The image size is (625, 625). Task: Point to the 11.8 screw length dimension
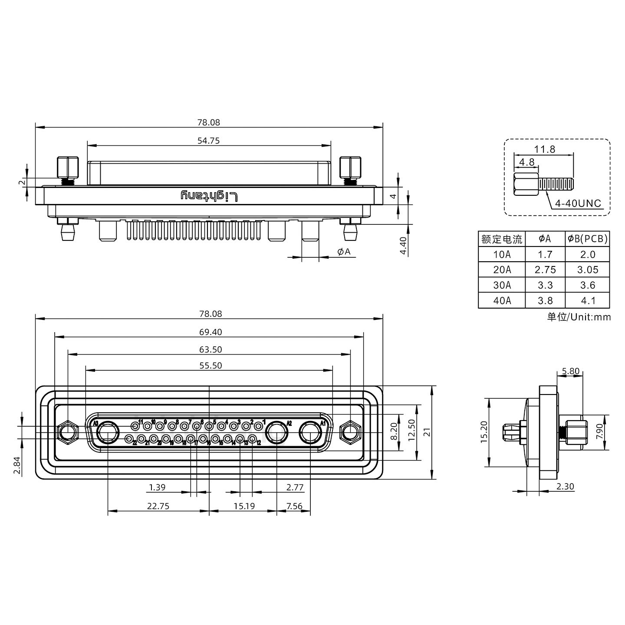(544, 149)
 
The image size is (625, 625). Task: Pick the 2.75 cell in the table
(545, 270)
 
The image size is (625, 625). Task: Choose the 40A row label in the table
(502, 300)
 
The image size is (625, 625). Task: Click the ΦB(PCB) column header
(587, 239)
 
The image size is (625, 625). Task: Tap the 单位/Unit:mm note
(579, 317)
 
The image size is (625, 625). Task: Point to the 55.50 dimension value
(211, 365)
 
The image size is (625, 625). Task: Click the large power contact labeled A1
(311, 433)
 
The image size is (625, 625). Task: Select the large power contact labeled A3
(108, 433)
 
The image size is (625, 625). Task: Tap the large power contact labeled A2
(276, 433)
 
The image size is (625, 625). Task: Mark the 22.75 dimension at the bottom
(158, 506)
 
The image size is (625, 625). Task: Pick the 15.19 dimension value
(244, 506)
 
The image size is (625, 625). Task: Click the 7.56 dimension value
(294, 506)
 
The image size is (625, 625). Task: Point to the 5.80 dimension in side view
(570, 371)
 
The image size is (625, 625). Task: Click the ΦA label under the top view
(343, 251)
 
